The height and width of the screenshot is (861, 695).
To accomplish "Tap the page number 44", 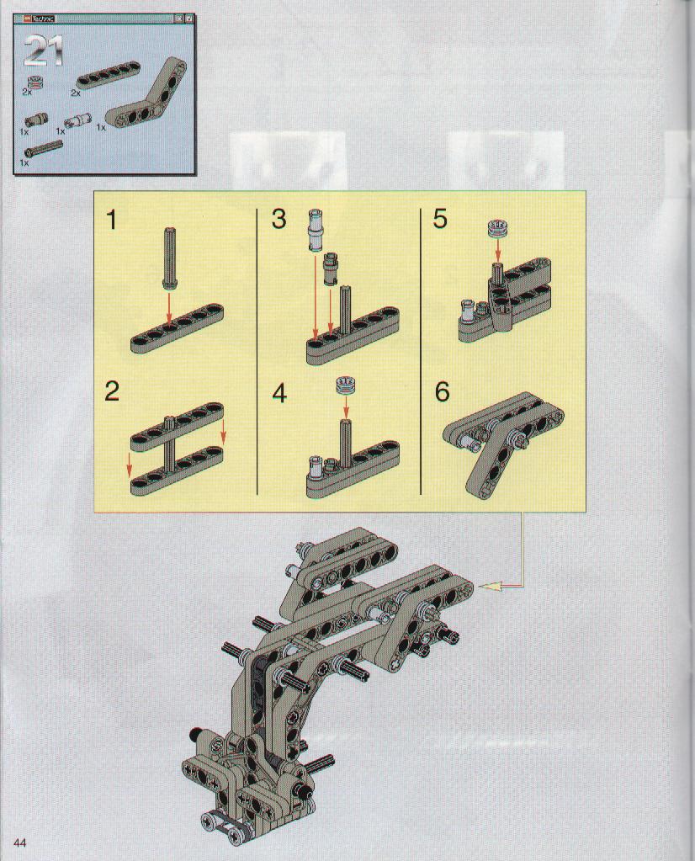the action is coord(19,842).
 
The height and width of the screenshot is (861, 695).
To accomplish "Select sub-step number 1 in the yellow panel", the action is coord(112,221).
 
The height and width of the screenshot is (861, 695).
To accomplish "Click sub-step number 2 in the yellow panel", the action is coord(112,391).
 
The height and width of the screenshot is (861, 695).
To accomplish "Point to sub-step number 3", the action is coord(279,219).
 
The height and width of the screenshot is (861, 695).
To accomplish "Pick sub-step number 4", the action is coord(279,393).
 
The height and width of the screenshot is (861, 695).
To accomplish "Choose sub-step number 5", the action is coord(440,219).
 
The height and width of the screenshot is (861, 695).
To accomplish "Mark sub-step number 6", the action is coord(442,392).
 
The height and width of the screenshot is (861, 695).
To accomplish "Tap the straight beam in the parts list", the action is coord(109,75).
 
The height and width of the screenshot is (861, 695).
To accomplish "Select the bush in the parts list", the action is coord(36,81).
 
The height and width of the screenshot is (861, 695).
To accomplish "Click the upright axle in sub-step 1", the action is coord(169,257).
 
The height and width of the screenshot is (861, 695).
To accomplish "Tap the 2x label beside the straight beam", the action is coord(76,93).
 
